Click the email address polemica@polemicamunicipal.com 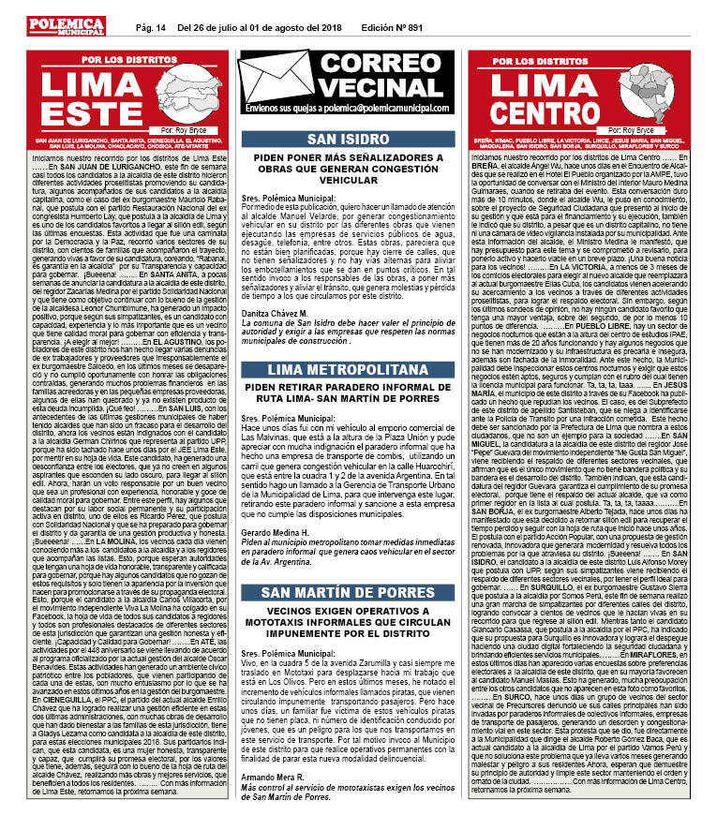coord(384,110)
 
